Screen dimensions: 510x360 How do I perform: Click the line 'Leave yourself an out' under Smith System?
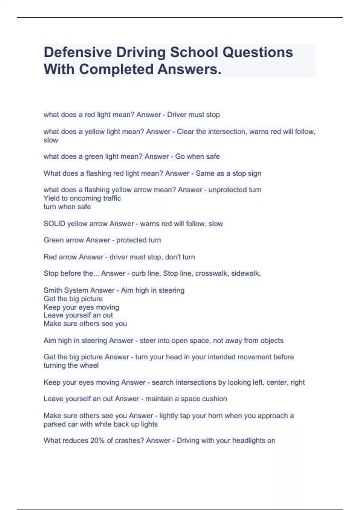coord(78,315)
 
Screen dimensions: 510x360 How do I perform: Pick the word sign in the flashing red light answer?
coord(255,173)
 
